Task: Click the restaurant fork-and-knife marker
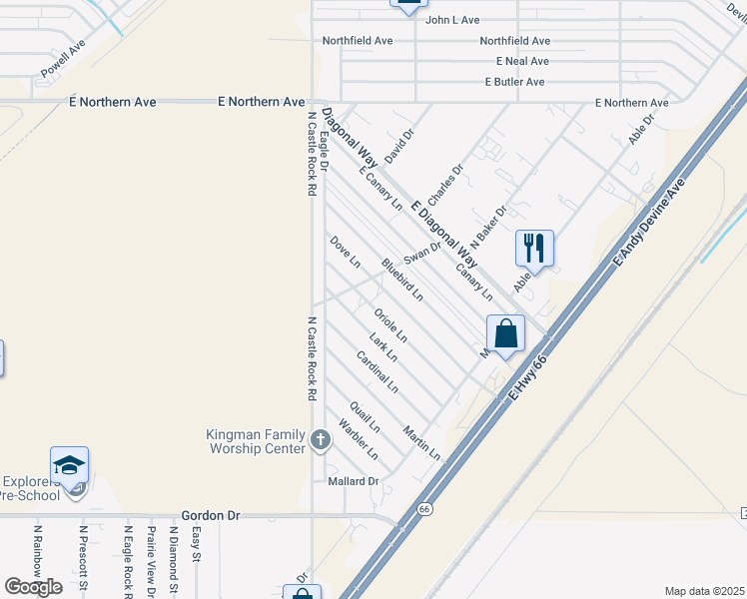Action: (534, 248)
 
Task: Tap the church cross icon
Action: (321, 439)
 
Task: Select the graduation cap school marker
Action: (70, 465)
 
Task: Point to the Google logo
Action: (33, 587)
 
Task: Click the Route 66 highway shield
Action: (424, 508)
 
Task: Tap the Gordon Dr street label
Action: (211, 515)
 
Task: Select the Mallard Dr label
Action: (354, 481)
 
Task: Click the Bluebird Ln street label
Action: (402, 280)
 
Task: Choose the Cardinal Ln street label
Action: (377, 371)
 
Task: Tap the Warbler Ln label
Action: (358, 440)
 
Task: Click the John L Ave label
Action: (452, 19)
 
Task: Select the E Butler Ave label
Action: (513, 82)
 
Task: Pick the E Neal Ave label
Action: (516, 61)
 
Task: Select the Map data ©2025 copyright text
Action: (704, 591)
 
